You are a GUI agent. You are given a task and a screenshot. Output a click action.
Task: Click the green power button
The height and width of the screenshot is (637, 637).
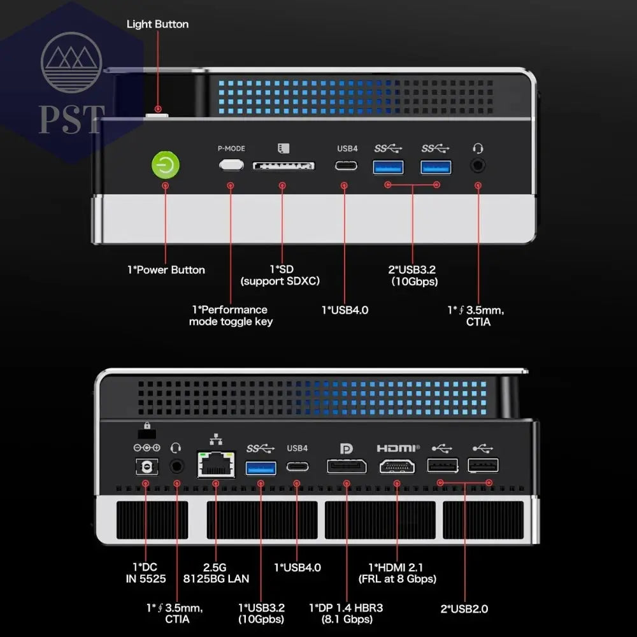(x=166, y=165)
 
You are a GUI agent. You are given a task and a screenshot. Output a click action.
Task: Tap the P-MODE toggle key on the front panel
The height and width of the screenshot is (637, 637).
(x=231, y=164)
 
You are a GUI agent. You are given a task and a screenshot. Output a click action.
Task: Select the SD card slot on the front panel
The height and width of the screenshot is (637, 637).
(x=283, y=166)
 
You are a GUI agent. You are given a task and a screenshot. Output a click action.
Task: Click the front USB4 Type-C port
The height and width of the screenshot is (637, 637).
(x=346, y=166)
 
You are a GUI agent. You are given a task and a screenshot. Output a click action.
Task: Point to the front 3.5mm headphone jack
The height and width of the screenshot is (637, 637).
(x=478, y=166)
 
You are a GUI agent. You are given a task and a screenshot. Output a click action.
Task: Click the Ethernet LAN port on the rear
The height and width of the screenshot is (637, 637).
(x=216, y=464)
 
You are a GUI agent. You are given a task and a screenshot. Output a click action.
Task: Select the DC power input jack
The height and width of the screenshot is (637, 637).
(x=147, y=466)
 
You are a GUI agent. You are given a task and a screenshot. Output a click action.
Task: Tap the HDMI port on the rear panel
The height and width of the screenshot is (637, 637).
(x=397, y=466)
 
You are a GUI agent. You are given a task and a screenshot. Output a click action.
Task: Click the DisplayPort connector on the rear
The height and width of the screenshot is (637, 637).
(x=347, y=466)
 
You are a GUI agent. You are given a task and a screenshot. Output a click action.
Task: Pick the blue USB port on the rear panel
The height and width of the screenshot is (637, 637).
(x=261, y=468)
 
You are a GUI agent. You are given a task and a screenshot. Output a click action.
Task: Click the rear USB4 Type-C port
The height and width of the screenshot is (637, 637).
(x=297, y=466)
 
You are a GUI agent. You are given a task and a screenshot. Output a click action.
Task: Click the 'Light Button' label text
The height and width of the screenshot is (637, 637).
(x=157, y=24)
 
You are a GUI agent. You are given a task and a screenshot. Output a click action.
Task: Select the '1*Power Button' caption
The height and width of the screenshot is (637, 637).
(x=166, y=269)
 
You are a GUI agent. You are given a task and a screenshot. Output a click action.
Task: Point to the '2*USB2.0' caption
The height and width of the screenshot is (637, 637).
(x=464, y=608)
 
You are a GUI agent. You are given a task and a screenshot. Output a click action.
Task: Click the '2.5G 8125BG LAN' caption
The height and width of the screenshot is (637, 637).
(x=216, y=573)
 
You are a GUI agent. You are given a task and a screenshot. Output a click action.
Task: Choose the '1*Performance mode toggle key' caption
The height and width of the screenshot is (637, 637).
(x=231, y=316)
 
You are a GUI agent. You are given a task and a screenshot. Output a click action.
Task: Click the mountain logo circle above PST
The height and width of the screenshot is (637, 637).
(x=71, y=62)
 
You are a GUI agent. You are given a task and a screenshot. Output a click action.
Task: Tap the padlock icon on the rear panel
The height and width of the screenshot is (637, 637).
(x=147, y=426)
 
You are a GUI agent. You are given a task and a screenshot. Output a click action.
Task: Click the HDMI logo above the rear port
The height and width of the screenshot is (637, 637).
(x=398, y=448)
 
